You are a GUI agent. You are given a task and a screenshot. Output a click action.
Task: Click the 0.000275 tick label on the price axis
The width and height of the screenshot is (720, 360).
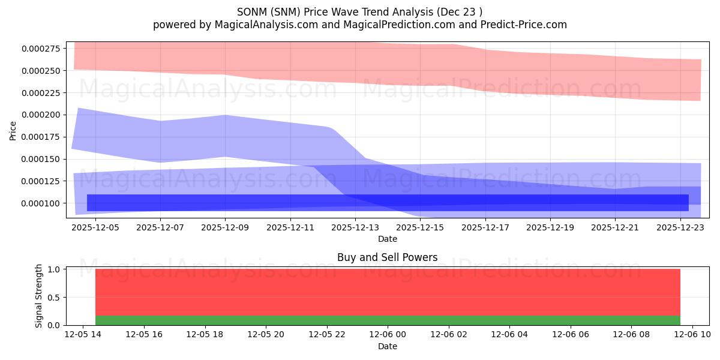tap(41, 49)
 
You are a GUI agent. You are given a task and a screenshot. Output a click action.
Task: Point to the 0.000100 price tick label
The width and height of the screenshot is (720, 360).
tap(41, 203)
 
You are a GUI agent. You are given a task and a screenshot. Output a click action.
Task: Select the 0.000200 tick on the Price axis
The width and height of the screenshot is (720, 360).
tap(41, 115)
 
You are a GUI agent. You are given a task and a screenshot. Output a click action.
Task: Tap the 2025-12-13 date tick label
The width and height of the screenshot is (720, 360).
tap(355, 227)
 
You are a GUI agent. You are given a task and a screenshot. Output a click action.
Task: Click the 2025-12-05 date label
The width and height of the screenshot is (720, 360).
tap(95, 227)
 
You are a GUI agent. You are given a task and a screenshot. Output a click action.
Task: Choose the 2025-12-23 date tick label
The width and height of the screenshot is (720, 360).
tap(680, 227)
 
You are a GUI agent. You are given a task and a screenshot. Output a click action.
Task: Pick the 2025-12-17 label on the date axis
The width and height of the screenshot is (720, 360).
tap(485, 227)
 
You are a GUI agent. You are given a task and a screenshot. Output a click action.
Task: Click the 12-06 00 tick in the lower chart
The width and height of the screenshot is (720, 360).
tap(388, 335)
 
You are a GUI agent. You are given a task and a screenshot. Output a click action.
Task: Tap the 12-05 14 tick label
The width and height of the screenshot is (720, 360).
tap(83, 335)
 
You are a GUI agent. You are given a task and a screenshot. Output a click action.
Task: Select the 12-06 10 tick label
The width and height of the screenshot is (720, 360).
tap(692, 335)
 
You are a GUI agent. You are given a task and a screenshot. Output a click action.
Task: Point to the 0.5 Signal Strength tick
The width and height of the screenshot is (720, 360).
tap(53, 298)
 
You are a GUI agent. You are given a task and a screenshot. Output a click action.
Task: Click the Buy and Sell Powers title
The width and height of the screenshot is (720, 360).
tap(388, 257)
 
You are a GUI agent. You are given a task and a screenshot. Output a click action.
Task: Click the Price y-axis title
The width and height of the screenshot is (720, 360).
tap(13, 131)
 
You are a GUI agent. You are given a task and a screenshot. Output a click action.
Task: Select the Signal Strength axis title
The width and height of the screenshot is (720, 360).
tap(38, 296)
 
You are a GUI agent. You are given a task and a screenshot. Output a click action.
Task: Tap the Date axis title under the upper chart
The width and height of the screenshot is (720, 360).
tap(388, 239)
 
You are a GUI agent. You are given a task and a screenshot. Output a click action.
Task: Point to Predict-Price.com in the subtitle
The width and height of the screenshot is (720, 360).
tap(524, 25)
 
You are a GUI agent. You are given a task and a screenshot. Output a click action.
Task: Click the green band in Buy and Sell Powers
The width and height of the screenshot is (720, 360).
tap(388, 320)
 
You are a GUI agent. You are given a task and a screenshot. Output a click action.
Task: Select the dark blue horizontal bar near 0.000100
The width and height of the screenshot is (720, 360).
tap(388, 203)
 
